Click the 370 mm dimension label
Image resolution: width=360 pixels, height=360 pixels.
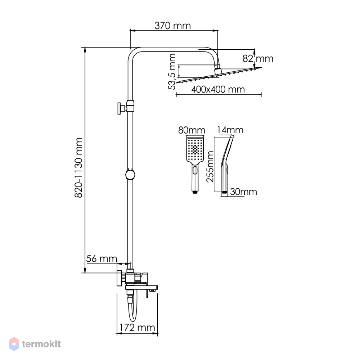coord(172,26)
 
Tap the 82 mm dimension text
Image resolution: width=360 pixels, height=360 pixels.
coord(258,59)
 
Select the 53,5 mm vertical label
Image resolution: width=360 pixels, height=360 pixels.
coord(172,71)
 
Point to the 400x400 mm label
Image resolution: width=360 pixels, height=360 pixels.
coord(218,89)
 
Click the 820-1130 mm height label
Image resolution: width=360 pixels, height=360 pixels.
coord(79,168)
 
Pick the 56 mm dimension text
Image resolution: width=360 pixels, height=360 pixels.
coord(102,259)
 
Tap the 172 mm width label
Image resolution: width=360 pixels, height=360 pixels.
coord(137,328)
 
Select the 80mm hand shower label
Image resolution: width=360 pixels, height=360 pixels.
coord(192,130)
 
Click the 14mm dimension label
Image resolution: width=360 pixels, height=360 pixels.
coord(230,130)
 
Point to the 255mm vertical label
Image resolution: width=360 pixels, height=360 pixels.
coord(210,167)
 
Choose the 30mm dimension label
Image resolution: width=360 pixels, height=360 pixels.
coord(244,192)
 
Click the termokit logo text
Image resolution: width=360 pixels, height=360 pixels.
coord(41,344)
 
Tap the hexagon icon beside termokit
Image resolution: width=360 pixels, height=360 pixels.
coord(14,344)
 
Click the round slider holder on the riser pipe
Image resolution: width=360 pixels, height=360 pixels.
coord(130,175)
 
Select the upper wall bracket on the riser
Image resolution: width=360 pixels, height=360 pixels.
coord(125,107)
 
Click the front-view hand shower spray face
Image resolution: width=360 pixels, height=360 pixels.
coord(195,149)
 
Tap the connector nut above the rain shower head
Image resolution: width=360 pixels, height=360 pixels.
coord(217,66)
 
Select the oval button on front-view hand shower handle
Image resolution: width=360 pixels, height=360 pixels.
coord(195,170)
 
